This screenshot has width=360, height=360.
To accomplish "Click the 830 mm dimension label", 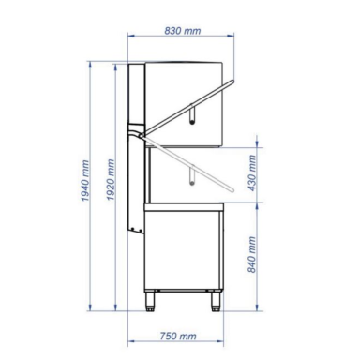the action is click(x=183, y=31).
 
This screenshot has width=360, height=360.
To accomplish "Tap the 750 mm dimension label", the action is click(x=178, y=336).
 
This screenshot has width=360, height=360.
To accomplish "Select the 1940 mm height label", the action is click(x=85, y=180).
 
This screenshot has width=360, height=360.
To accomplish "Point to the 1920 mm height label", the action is click(x=111, y=180).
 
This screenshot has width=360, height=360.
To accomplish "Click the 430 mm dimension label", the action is click(x=252, y=172).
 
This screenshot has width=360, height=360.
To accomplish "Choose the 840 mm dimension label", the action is click(x=252, y=254).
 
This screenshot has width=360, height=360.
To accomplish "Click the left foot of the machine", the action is click(x=150, y=301).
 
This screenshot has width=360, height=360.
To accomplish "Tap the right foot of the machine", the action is click(x=216, y=301).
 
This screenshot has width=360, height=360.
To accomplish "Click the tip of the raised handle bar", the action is click(x=232, y=82).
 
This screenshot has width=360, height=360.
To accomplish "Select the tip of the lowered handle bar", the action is click(x=232, y=189).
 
